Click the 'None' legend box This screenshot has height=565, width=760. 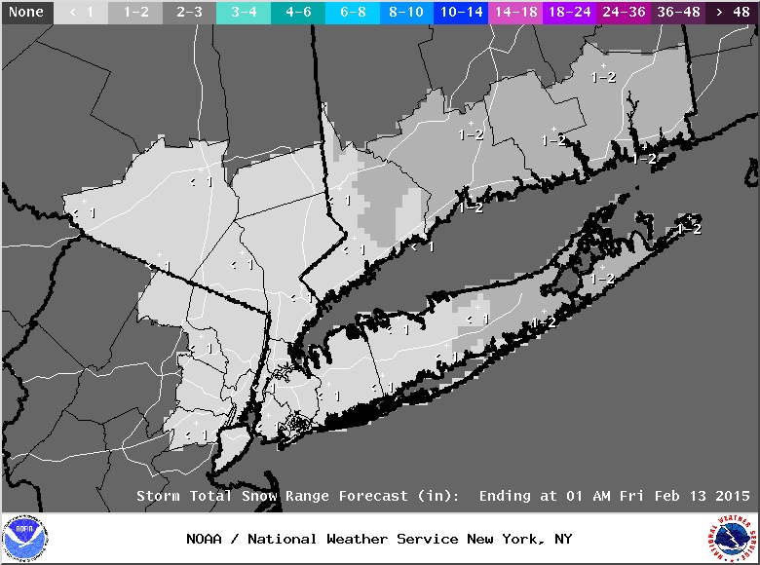26,13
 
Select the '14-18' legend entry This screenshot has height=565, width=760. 515,13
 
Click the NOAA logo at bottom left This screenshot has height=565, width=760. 24,539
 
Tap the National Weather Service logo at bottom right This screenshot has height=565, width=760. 733,539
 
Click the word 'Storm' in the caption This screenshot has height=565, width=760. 157,496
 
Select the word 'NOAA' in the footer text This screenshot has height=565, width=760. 206,539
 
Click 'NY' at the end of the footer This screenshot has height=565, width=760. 562,539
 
